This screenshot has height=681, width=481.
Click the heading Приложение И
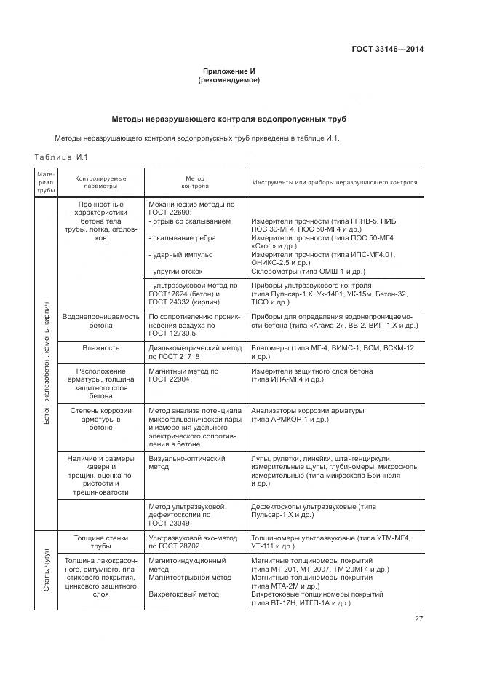point(228,71)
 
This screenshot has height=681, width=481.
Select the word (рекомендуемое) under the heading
point(228,80)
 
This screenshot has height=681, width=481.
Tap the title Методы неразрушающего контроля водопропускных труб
point(228,118)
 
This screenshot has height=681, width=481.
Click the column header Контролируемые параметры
point(100,182)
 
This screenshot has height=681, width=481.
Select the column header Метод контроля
point(195,182)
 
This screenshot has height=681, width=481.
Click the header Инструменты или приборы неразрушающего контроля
point(335,182)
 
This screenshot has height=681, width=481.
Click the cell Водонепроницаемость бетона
point(100,321)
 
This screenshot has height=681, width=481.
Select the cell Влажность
point(100,348)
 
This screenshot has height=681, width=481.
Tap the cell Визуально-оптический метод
point(187,463)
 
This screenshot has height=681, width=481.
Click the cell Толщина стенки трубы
point(100,541)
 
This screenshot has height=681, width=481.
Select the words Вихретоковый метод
point(183,594)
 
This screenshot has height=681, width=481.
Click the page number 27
point(418,619)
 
